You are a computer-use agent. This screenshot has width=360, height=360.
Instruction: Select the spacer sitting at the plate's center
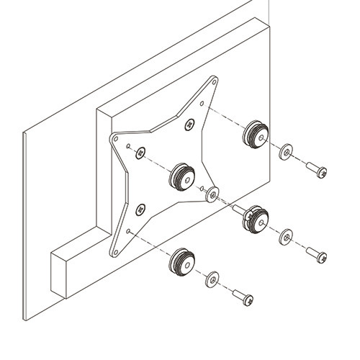[x=181, y=176]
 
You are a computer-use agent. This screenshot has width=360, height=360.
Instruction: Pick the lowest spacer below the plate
[x=182, y=260]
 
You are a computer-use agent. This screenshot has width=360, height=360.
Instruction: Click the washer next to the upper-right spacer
[x=286, y=151]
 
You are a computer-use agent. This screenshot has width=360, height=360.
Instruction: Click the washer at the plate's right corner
[x=212, y=194]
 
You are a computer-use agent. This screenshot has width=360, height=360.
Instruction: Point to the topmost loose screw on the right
[x=315, y=170]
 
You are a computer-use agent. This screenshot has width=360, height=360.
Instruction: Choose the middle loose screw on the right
[x=315, y=255]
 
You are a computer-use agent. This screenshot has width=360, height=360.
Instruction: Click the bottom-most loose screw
[x=242, y=297]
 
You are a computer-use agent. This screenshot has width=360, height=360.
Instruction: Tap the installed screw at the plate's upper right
[x=189, y=125]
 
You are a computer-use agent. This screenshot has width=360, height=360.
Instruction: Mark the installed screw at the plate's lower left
[x=140, y=209]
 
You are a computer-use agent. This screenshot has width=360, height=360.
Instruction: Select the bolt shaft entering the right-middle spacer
[x=238, y=210]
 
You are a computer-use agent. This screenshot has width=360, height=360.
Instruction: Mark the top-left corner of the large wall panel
[x=24, y=133]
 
